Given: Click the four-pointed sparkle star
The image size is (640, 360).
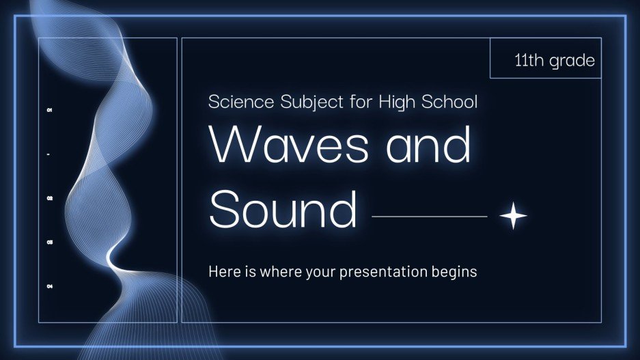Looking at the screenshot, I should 513,217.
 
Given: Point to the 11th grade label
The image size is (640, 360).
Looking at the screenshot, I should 555,61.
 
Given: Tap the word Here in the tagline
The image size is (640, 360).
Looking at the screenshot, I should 224,272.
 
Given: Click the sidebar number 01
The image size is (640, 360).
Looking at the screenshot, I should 49,110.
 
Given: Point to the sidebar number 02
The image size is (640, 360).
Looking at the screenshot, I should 49,198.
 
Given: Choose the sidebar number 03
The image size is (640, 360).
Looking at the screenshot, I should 49,243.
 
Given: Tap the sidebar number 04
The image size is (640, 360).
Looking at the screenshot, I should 49,286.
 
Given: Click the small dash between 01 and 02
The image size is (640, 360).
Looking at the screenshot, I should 49,154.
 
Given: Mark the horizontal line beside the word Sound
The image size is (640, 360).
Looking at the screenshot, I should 429,217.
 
